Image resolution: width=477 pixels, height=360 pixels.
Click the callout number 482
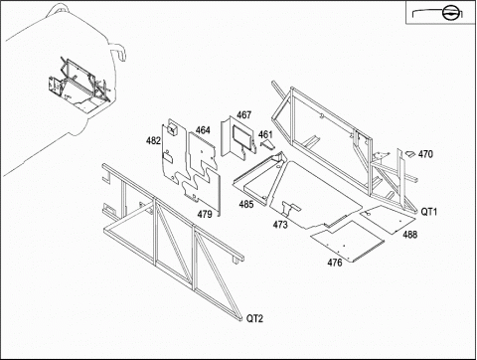(x=153, y=141)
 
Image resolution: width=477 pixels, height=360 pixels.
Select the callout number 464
(x=203, y=130)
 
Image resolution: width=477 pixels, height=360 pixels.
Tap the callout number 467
(x=243, y=115)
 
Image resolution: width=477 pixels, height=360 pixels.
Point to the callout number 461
(x=265, y=134)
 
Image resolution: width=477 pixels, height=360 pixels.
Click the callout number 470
(x=425, y=154)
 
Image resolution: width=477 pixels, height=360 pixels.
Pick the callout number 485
(x=246, y=204)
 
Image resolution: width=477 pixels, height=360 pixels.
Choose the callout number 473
(x=280, y=225)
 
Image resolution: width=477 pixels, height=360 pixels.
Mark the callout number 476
(x=335, y=263)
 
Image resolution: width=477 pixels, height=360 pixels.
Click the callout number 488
(x=410, y=235)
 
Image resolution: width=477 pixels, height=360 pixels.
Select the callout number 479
(x=205, y=214)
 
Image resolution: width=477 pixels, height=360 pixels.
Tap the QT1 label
(x=429, y=212)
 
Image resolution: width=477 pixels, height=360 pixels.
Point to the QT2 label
(x=254, y=318)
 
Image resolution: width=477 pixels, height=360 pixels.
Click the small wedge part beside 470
(x=410, y=154)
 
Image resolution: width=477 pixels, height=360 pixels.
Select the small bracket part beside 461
(x=267, y=144)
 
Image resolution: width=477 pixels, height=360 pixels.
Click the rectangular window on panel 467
(x=242, y=135)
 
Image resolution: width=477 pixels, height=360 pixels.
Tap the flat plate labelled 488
(x=388, y=220)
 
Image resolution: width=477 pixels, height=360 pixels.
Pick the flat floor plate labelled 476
(x=348, y=241)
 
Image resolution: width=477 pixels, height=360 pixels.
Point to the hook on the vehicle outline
(x=118, y=52)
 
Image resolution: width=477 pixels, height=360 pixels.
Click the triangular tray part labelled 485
(x=260, y=178)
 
